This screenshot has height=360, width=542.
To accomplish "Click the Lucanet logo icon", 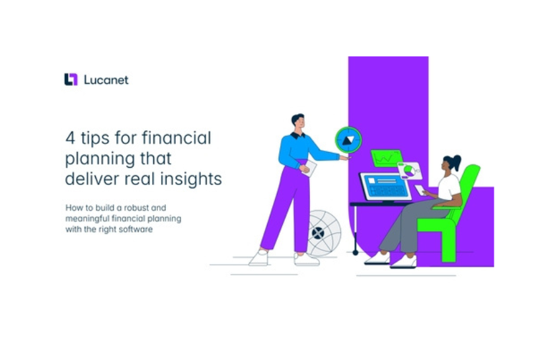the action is pos(71,79).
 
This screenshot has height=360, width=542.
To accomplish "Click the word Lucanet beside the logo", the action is pos(106,80).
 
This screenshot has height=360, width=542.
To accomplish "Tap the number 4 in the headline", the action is pos(70,138).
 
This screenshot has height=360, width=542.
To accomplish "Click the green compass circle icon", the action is pos(348,140).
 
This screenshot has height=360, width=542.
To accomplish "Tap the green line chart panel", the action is pos(387,158).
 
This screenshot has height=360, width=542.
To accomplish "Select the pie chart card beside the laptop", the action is pos(410,171).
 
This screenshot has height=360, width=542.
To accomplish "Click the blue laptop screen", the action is pos(386,186).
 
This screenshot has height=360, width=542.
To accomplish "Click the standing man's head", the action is pos(298,121).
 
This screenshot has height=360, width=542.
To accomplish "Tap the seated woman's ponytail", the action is pos(456,161).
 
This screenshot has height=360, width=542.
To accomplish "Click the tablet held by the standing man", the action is pos(309,168).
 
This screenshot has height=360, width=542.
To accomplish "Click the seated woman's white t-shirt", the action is pos(449,187).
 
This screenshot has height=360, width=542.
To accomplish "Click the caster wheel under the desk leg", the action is pos(355,252).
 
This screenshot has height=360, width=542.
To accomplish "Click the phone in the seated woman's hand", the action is pos(420,190).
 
